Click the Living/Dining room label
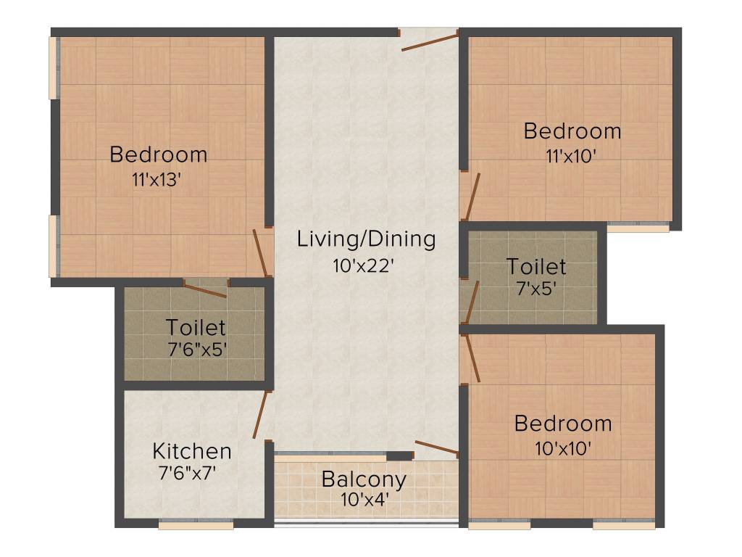366,239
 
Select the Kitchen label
192,451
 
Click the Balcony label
364,479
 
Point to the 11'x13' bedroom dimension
156,181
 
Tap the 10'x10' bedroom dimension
563,448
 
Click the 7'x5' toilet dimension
535,289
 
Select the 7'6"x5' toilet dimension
196,350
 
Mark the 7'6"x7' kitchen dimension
187,474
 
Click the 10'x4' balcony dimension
364,499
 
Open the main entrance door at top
430,41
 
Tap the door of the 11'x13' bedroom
261,253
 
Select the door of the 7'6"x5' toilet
205,291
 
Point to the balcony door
436,447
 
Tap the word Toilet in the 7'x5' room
536,266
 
